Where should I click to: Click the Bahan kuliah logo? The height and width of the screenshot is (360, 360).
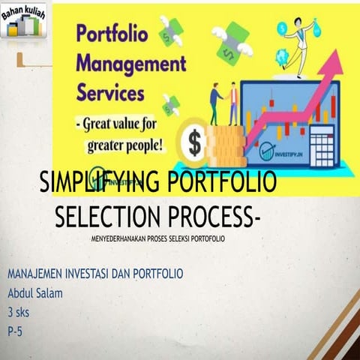23,21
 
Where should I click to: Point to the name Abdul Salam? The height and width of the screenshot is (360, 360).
34,292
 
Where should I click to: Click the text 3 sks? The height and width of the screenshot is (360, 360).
19,310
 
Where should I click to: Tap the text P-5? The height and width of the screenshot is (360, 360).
15,328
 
